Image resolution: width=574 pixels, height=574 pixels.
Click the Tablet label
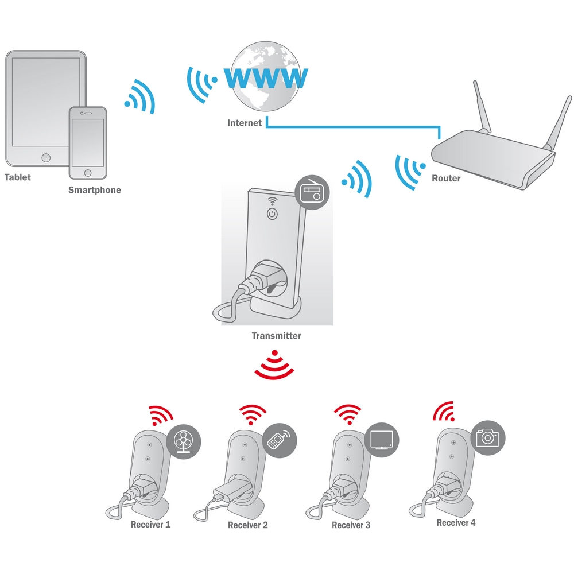[18, 177]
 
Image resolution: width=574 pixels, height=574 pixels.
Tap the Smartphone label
[95, 190]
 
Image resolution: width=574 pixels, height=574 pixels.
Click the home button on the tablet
[46, 158]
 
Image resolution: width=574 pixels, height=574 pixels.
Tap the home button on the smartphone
[88, 173]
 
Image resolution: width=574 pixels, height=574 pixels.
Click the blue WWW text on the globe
[266, 77]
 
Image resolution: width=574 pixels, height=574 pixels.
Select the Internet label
[245, 123]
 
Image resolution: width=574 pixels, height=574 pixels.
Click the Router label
[446, 179]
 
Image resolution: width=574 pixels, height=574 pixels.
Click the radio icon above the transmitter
[312, 192]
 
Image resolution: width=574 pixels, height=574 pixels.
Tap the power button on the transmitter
[272, 214]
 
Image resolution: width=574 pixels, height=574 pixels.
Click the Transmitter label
[277, 336]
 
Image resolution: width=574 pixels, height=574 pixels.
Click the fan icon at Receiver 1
[184, 441]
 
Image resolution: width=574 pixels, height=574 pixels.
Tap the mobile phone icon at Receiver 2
[280, 440]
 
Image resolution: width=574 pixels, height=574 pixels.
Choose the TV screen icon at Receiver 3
[382, 439]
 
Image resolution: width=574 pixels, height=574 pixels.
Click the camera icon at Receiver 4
[487, 438]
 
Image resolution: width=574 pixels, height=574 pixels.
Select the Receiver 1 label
[150, 525]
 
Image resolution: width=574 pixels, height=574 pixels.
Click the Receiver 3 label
[351, 525]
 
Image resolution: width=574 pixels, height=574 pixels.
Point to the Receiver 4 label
[456, 523]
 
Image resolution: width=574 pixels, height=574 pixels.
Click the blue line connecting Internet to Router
[352, 127]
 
